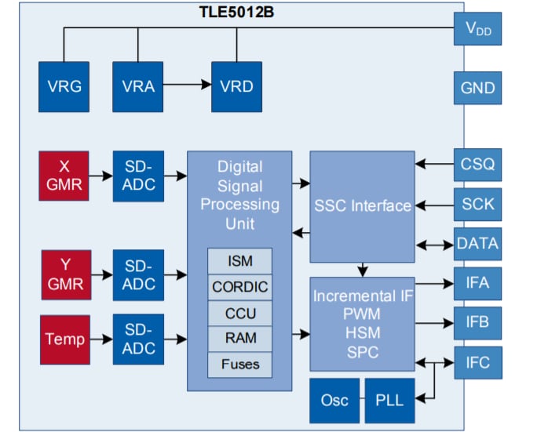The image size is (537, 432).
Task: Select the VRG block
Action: [x=64, y=86]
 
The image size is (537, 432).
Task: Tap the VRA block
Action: [x=138, y=86]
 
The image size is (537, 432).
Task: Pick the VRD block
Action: [x=236, y=86]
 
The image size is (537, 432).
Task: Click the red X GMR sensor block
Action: [x=65, y=176]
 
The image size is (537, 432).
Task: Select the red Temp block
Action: [x=65, y=339]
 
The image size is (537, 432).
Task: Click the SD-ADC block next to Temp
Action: [x=138, y=339]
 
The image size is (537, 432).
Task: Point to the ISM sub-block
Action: [x=240, y=261]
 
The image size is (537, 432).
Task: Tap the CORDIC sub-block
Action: [x=240, y=287]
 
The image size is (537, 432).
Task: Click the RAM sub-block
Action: [x=240, y=339]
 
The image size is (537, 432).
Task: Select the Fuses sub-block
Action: [x=240, y=365]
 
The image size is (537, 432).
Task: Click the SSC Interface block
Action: [x=362, y=206]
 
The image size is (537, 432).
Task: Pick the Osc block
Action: [x=334, y=400]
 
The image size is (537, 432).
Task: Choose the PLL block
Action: [x=389, y=400]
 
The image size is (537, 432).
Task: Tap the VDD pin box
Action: [x=477, y=29]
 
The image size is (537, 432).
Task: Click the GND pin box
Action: [x=477, y=88]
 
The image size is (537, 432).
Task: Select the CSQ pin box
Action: [x=477, y=164]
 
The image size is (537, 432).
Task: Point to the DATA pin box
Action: [x=477, y=243]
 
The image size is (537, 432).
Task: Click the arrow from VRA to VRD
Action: [x=187, y=86]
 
